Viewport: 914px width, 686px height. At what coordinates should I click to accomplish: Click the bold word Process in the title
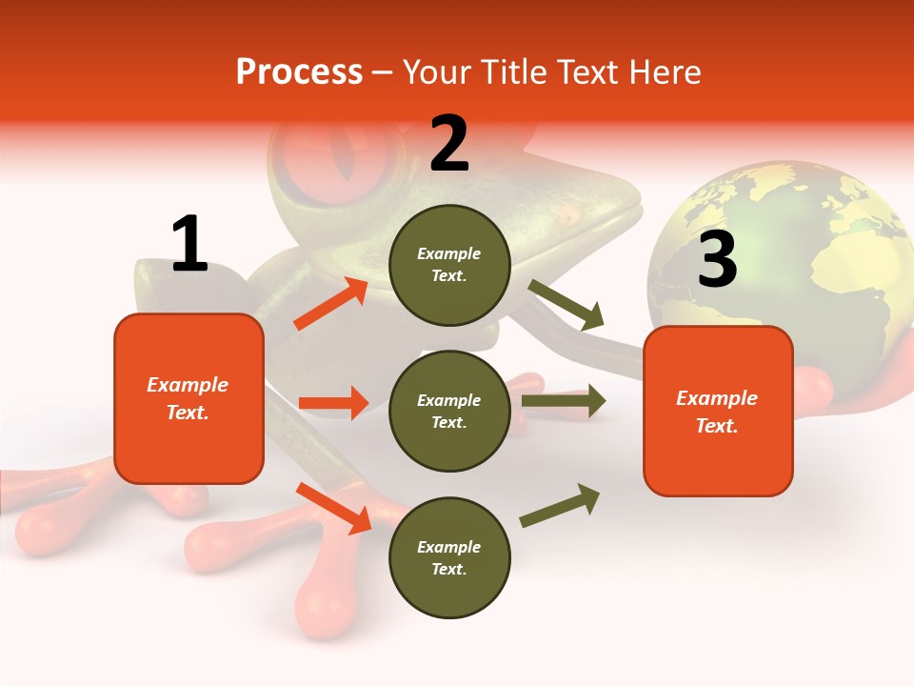coord(299,72)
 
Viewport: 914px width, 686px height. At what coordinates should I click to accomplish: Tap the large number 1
coord(189,244)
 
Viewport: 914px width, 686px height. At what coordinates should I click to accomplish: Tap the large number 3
coord(717,259)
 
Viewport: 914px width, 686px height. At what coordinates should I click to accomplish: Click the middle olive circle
coord(449,411)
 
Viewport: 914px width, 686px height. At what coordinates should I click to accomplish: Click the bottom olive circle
coord(449,558)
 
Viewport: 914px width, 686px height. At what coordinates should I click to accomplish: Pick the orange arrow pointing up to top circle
coord(330,304)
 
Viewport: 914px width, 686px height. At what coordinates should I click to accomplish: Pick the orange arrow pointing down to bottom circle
coord(333,508)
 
